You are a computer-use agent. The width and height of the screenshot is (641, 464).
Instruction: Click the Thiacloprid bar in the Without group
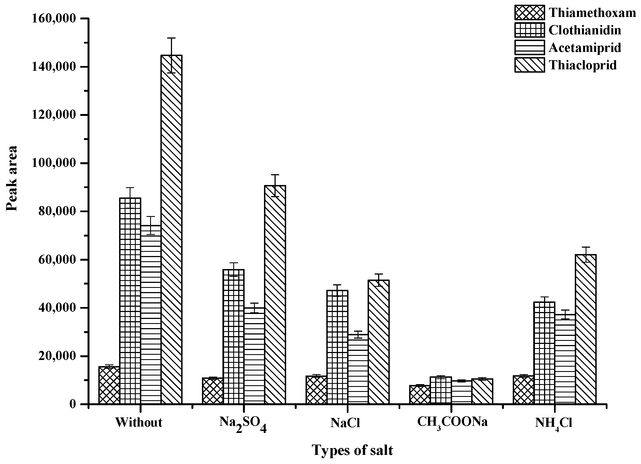click(x=171, y=229)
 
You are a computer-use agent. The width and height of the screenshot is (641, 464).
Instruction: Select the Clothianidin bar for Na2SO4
click(x=234, y=336)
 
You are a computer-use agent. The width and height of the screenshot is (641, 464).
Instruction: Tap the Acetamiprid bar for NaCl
click(x=358, y=369)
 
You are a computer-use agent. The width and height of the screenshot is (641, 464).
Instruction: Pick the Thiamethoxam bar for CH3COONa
click(x=420, y=394)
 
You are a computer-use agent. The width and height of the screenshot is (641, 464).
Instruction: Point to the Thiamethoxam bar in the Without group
click(x=109, y=385)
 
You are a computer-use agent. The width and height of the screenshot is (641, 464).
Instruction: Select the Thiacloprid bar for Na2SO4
click(x=275, y=294)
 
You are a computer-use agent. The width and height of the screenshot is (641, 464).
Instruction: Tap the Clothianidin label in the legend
click(x=585, y=30)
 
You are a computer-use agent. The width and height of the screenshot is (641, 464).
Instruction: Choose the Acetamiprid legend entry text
click(x=585, y=47)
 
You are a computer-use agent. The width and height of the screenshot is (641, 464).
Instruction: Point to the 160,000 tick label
click(x=54, y=19)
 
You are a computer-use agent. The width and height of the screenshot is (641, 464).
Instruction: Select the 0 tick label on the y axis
click(x=73, y=404)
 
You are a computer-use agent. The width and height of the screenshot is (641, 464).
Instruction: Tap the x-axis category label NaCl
click(x=345, y=423)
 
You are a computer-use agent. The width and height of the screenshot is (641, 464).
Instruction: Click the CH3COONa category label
click(x=452, y=422)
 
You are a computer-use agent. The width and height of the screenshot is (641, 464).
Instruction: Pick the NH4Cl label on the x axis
click(x=553, y=423)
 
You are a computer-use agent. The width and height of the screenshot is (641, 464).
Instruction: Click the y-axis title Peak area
click(x=12, y=178)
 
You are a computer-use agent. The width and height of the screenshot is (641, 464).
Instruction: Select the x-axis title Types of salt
click(x=352, y=450)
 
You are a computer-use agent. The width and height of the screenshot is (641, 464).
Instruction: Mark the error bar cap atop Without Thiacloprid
click(x=171, y=38)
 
